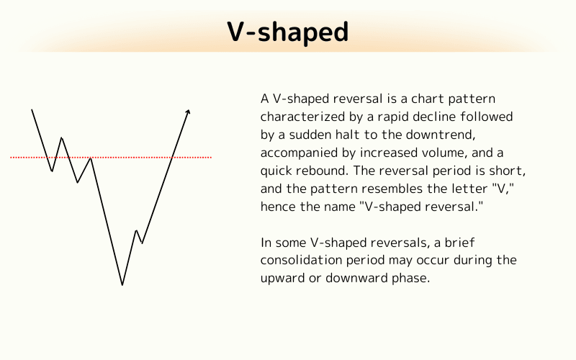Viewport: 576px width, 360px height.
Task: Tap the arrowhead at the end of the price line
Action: tap(188, 111)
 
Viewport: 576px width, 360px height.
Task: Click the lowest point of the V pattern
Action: tap(122, 284)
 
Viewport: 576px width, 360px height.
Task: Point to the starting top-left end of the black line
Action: tap(32, 109)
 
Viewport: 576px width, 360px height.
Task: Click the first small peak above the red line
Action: tap(61, 138)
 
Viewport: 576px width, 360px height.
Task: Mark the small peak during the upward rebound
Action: tap(136, 231)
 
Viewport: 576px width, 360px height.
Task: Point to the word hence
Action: tap(277, 208)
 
